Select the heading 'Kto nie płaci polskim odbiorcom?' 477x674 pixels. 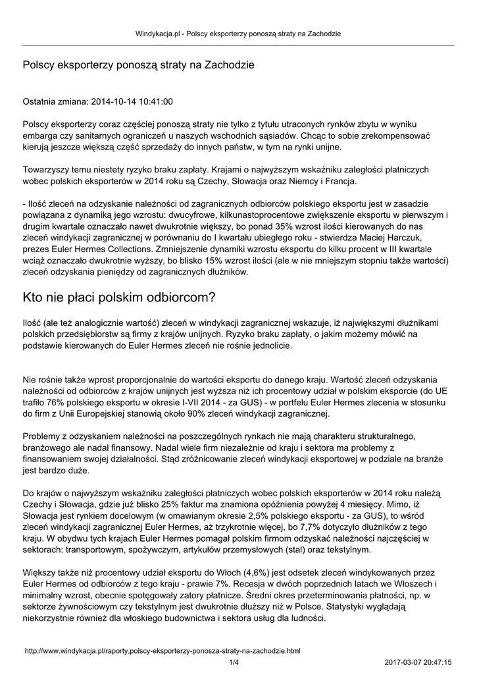coord(120,298)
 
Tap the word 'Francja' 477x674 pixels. coord(359,180)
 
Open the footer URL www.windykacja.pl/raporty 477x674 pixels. coord(162,650)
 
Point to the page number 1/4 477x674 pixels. coord(234,662)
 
